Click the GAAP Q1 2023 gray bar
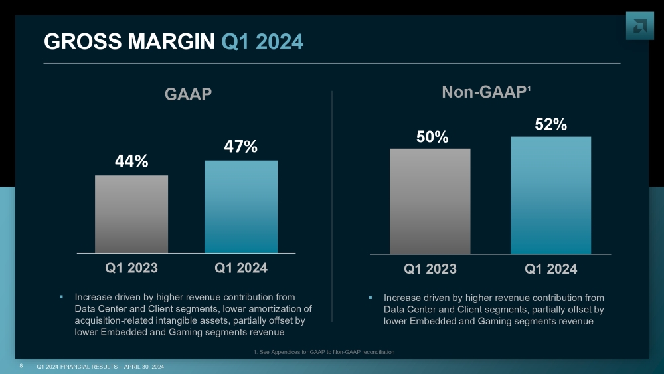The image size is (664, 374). pos(131,214)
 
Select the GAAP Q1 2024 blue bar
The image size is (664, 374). pos(241,207)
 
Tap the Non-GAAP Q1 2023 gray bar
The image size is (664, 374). pos(430,201)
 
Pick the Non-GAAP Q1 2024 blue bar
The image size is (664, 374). pos(550,195)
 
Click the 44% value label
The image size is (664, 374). pos(131,161)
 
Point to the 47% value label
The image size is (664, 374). pos(240,146)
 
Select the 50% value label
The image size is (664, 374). pos(433,137)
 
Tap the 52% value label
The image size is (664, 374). pos(550,124)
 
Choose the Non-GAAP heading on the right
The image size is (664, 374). pos(485,92)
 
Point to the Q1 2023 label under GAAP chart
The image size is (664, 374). pos(131,268)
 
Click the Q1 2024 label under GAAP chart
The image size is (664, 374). pos(241,268)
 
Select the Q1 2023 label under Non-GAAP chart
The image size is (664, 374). pos(430,269)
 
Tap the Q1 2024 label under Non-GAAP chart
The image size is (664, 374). pos(550,269)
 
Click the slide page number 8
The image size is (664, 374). pos(22,366)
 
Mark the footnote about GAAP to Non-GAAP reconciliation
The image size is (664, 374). pos(324,351)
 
